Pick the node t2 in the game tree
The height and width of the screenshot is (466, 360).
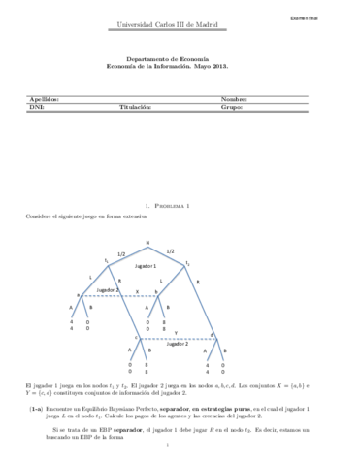pos(187,262)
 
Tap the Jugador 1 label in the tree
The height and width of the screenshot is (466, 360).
pos(146,265)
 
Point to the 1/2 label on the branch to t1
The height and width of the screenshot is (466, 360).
pos(121,252)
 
